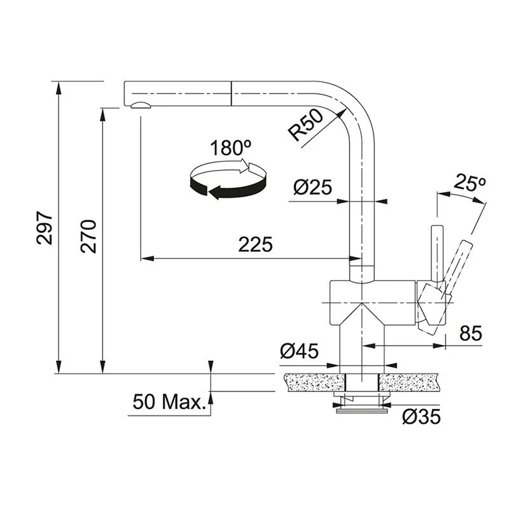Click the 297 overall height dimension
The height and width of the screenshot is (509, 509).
(x=45, y=228)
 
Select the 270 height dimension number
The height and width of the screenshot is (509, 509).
(x=88, y=236)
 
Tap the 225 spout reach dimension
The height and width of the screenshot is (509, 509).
(x=256, y=244)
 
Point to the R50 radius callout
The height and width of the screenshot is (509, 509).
(x=306, y=125)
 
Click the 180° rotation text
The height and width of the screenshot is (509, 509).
(x=230, y=148)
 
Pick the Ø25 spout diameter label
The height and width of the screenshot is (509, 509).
(x=312, y=187)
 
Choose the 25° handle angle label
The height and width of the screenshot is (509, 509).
(x=470, y=182)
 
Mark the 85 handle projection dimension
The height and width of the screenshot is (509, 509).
(x=471, y=333)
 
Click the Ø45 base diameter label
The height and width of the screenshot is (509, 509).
(x=299, y=351)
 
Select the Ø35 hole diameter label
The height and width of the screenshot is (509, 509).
(x=421, y=417)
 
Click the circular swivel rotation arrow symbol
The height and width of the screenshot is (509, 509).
(x=228, y=179)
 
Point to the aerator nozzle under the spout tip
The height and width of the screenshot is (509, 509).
(x=141, y=105)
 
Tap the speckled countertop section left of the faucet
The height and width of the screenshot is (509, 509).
(x=314, y=382)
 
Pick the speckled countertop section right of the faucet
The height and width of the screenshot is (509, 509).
(x=410, y=382)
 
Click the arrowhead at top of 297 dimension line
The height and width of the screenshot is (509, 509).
(x=59, y=88)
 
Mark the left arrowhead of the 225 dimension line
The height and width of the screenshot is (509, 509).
(x=147, y=259)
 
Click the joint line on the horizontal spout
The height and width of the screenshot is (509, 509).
(x=231, y=94)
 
